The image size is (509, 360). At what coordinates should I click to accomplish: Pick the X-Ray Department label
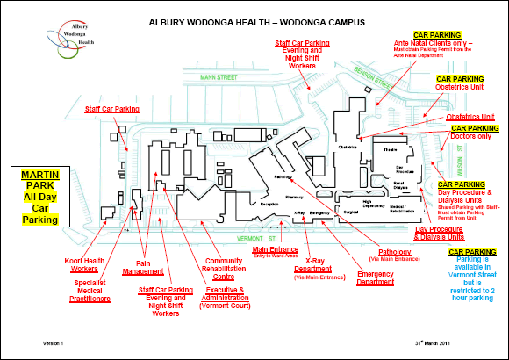(x=318, y=266)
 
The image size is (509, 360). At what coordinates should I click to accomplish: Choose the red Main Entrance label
(x=273, y=252)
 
